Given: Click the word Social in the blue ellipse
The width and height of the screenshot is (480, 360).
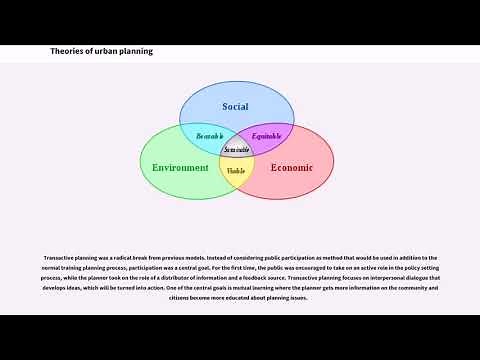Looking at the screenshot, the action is coord(236,106).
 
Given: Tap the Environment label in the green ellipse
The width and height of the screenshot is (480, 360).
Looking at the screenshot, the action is coord(180,167).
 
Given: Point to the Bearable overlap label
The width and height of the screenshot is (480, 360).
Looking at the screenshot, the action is coord(210,135).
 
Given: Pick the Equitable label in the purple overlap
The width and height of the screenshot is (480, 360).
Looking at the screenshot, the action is coord(266,135).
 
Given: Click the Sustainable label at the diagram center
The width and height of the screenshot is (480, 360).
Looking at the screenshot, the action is coord(237,149).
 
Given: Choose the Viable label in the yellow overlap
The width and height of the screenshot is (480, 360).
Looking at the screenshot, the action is coord(236,171).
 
